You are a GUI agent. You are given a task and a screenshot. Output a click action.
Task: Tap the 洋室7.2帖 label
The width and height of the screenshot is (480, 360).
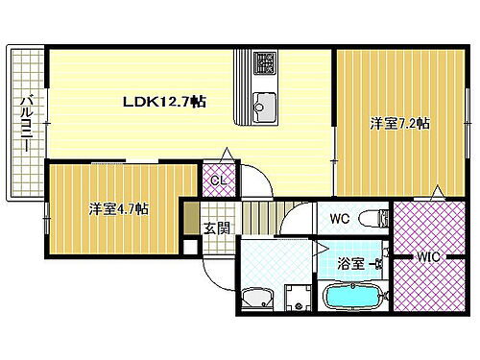click(x=399, y=124)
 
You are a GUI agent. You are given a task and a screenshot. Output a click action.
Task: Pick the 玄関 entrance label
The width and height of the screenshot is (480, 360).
click(x=216, y=228)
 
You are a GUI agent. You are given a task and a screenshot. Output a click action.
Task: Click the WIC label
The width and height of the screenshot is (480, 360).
click(x=427, y=255)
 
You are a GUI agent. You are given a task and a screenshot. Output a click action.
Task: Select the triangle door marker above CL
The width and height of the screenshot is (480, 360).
click(x=226, y=155)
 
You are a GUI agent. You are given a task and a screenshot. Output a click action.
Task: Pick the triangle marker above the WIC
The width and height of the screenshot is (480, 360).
click(x=438, y=193)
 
